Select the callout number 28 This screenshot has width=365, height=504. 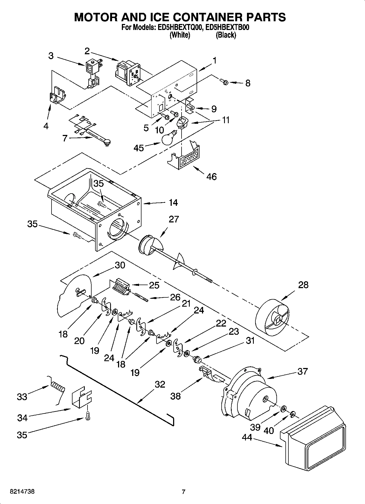point(303,285)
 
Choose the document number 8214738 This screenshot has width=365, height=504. point(22,492)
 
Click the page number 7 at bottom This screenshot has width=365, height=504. point(183,492)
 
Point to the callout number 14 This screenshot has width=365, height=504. point(173,203)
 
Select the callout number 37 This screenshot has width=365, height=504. point(302,371)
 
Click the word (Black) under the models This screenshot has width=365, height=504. point(226,35)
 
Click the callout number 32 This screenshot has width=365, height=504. point(160,384)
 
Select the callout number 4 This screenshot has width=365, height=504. point(46,126)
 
